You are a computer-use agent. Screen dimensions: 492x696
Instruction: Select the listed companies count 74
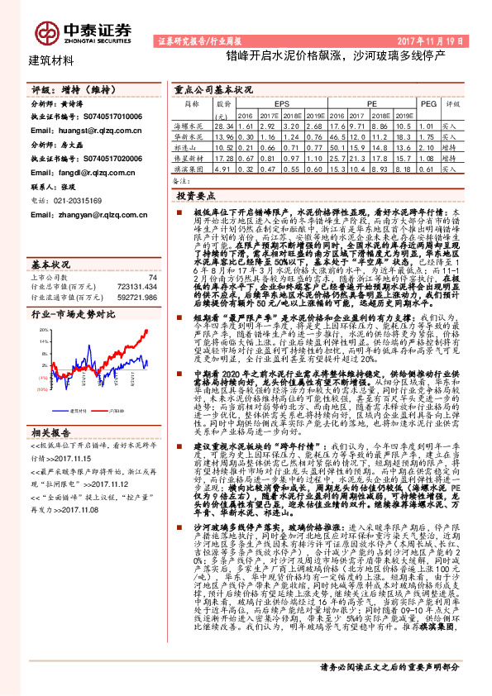point(151,255)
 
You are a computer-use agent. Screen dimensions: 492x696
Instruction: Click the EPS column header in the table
point(282,105)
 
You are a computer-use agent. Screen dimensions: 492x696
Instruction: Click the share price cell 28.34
point(222,124)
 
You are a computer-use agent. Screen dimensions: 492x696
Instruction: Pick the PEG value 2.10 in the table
point(427,146)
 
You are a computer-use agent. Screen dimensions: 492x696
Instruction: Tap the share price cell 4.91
point(222,169)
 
